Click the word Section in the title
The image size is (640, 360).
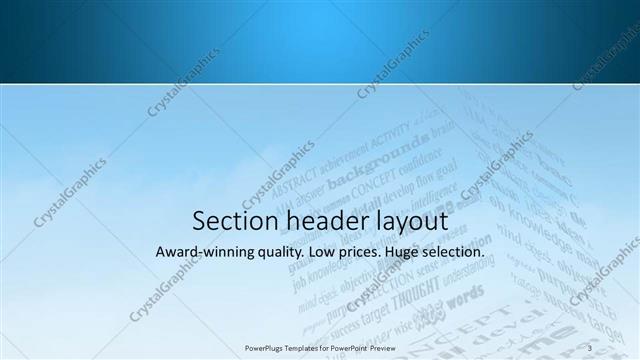(228, 221)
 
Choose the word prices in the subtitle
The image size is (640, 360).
(360, 253)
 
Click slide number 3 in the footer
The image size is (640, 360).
(591, 347)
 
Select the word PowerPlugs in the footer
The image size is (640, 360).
(265, 347)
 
